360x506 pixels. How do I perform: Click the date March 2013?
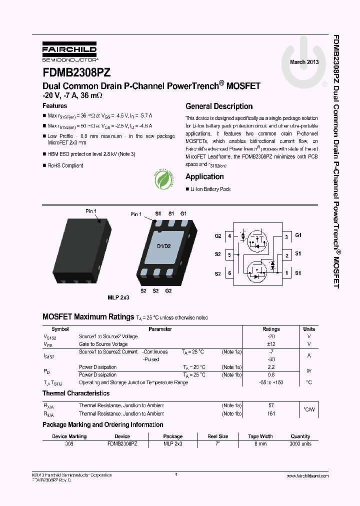304,62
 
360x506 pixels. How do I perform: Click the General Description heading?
219,106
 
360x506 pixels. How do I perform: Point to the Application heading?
204,176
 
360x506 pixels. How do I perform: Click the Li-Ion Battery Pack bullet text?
210,189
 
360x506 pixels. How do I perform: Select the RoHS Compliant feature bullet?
65,165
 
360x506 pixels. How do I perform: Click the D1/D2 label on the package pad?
164,246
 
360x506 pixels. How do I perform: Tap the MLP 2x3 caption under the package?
118,297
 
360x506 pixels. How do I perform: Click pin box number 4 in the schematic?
229,236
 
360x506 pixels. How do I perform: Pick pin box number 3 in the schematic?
286,237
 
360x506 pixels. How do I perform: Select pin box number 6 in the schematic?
229,273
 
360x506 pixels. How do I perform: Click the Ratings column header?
271,329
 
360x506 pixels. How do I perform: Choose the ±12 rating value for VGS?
271,344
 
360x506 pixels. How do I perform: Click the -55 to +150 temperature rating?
271,382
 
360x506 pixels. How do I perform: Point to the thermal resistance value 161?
271,413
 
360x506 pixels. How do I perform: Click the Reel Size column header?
218,436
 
